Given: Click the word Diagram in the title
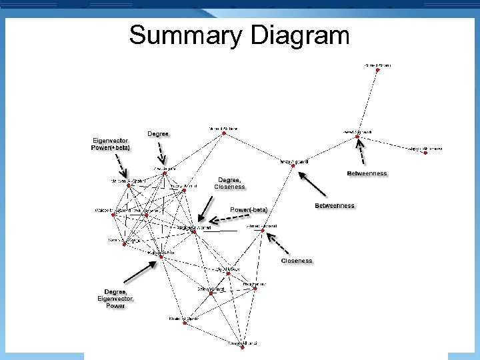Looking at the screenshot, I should pos(300,35).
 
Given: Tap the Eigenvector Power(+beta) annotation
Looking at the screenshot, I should pos(111,144).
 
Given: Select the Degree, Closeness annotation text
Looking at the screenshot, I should pos(229,183).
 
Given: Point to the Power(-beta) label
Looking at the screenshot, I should pos(249,209).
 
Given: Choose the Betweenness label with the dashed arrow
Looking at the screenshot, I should pos(367,173).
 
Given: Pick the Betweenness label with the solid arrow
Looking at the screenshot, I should pos(335,205).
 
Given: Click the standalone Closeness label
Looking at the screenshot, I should pos(297,261).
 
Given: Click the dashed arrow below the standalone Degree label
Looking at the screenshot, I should pos(162,153).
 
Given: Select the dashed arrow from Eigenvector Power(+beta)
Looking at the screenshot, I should pos(123,163).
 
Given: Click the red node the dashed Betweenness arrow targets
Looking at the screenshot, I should pos(357,137).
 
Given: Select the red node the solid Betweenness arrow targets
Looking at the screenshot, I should pos(291,166).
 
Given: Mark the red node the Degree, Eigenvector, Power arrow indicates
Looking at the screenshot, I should pos(161,257).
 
